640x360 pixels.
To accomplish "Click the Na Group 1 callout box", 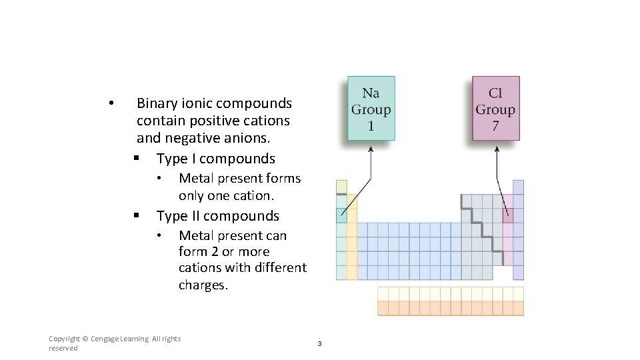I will [x=371, y=108].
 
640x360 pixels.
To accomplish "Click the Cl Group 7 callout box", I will [x=495, y=108].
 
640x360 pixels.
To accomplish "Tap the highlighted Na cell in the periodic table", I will [x=341, y=215].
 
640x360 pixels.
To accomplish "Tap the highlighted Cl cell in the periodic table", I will [x=507, y=215].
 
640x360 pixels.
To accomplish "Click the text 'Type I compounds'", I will [x=215, y=159].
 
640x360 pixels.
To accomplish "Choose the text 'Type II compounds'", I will [x=217, y=216].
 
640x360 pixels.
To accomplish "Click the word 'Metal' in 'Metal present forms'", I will [x=195, y=178].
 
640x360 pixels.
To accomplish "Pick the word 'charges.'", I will [x=203, y=285].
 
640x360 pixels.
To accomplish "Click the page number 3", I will [x=319, y=343].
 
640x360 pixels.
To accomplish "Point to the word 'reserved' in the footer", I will [x=63, y=348].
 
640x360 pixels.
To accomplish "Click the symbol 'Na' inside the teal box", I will [x=371, y=93].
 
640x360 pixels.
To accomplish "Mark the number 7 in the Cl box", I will [x=495, y=125].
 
